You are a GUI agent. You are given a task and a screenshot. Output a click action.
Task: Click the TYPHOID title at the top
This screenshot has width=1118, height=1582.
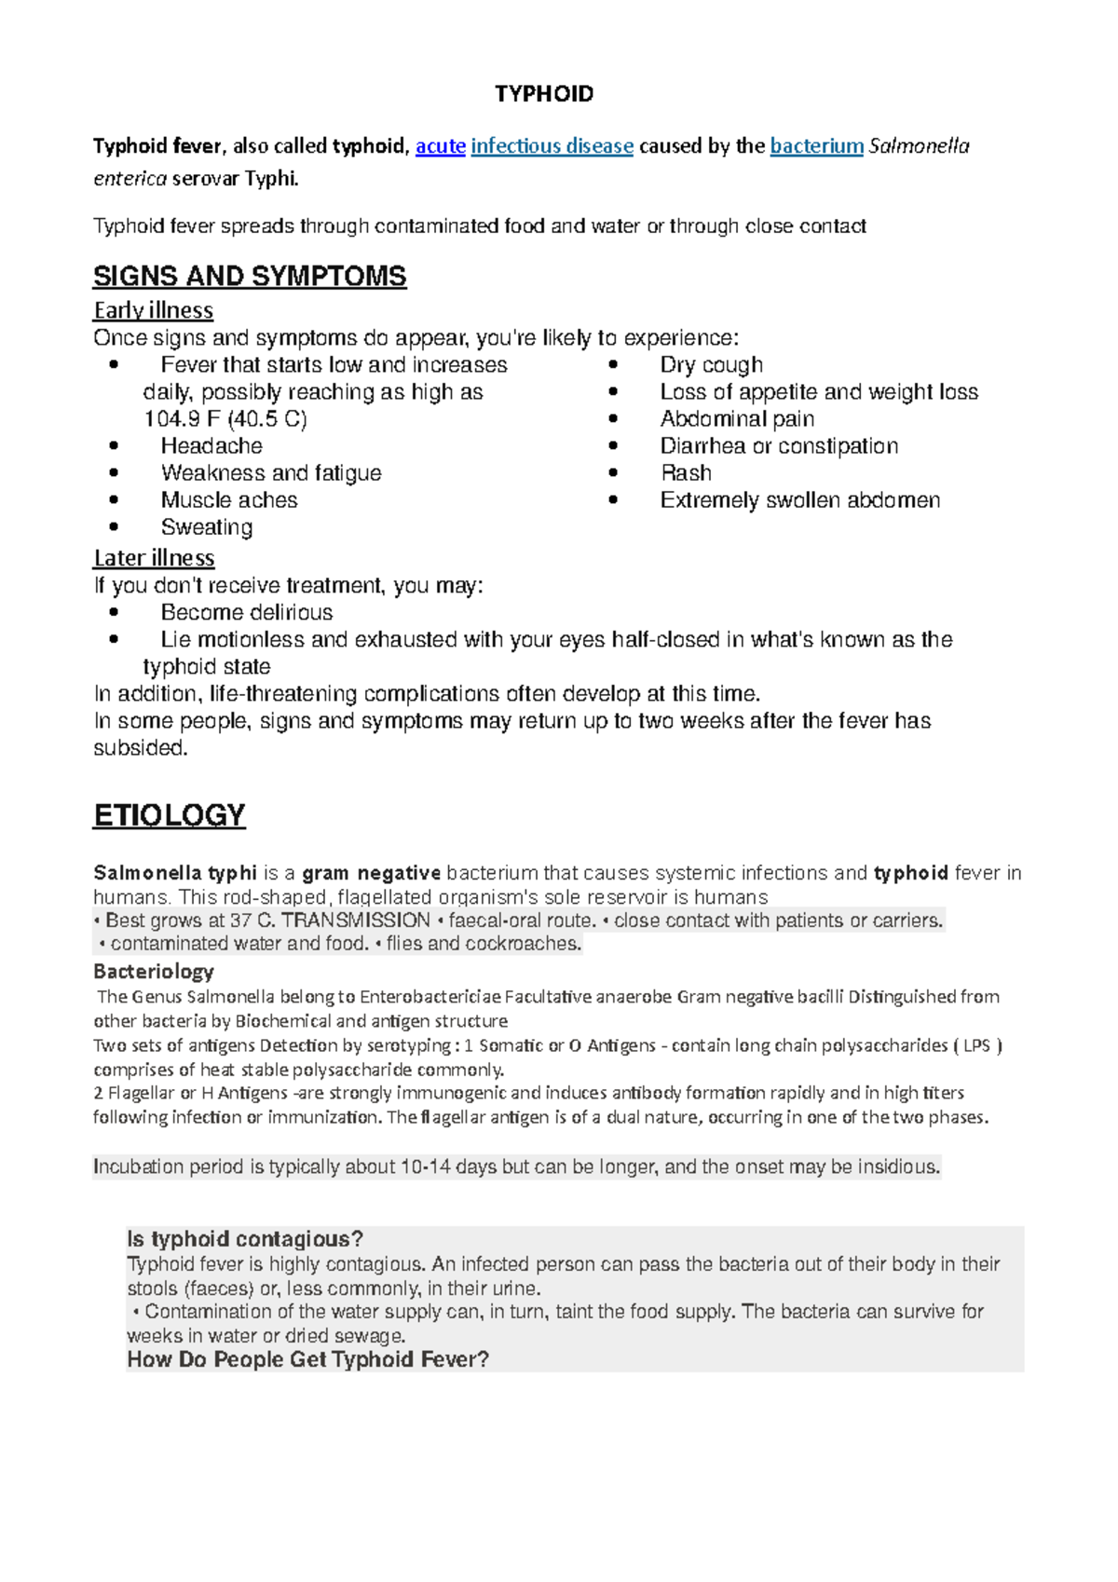tap(544, 94)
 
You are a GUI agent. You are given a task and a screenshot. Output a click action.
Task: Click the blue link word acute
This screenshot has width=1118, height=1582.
tap(440, 146)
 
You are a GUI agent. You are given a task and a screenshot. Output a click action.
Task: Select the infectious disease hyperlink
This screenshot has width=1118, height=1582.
tap(552, 146)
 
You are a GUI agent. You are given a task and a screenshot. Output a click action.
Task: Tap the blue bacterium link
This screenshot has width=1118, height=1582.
tap(816, 146)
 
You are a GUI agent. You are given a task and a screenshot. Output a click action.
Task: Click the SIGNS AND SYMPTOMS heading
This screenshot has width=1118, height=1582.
tap(250, 277)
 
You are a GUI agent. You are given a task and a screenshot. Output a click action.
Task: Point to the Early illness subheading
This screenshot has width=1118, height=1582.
tap(153, 310)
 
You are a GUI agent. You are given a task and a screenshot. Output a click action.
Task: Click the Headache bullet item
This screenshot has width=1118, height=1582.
tap(211, 446)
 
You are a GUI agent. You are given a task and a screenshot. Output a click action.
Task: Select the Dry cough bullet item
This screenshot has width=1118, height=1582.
tap(711, 365)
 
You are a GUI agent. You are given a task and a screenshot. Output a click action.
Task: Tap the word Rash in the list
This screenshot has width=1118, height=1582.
tap(686, 473)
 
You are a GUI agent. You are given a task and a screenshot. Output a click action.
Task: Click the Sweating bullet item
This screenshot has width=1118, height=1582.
tap(207, 527)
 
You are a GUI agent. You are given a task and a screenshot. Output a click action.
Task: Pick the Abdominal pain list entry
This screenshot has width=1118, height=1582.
tap(737, 419)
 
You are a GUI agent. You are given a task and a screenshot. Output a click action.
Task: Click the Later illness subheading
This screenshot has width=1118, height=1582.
tap(154, 558)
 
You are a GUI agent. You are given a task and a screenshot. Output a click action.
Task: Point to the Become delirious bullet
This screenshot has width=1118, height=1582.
tap(247, 613)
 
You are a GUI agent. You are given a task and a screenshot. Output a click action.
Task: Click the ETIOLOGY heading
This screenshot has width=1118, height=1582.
tap(170, 815)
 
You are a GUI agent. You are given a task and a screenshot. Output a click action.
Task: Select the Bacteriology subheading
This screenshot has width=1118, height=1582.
tap(154, 972)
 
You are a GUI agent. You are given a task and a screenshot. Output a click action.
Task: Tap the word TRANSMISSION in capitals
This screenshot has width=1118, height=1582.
tap(356, 921)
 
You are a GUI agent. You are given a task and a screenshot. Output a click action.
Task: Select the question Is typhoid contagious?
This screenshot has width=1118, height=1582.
tap(244, 1239)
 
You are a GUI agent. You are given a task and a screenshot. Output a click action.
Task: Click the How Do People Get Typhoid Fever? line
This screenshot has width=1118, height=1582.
tap(307, 1359)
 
